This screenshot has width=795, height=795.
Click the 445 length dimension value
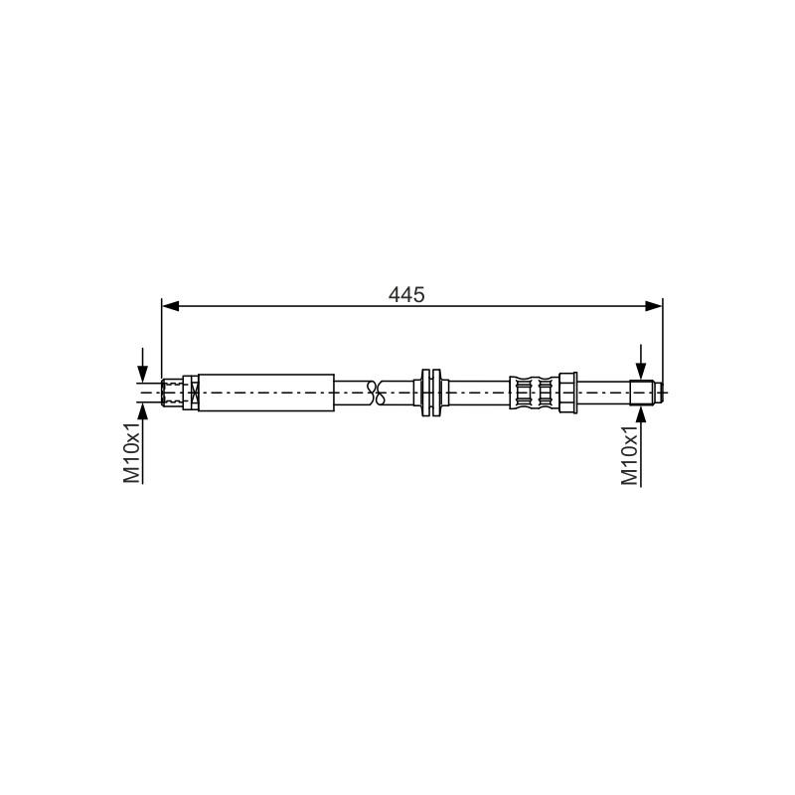click(406, 294)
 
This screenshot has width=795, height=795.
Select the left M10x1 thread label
click(131, 452)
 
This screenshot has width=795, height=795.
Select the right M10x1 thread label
click(630, 455)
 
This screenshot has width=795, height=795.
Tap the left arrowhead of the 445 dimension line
click(170, 306)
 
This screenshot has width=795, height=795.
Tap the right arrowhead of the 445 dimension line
click(654, 306)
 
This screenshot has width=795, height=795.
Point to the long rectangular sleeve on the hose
click(266, 393)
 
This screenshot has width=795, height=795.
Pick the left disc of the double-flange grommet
click(425, 393)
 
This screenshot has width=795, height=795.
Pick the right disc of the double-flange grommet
click(437, 393)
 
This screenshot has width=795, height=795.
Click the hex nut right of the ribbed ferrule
click(567, 393)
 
